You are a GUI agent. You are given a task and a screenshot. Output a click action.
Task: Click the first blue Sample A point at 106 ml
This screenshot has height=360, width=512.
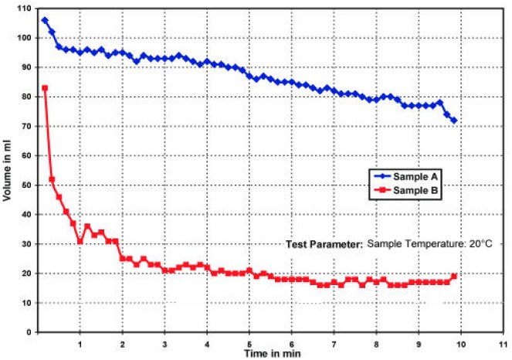click(45, 20)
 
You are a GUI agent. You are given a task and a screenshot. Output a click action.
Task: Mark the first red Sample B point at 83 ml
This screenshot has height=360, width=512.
click(45, 88)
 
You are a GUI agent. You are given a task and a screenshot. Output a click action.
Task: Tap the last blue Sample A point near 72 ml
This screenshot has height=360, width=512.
click(454, 121)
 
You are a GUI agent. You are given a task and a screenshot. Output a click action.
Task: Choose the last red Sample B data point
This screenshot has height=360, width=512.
click(454, 276)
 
